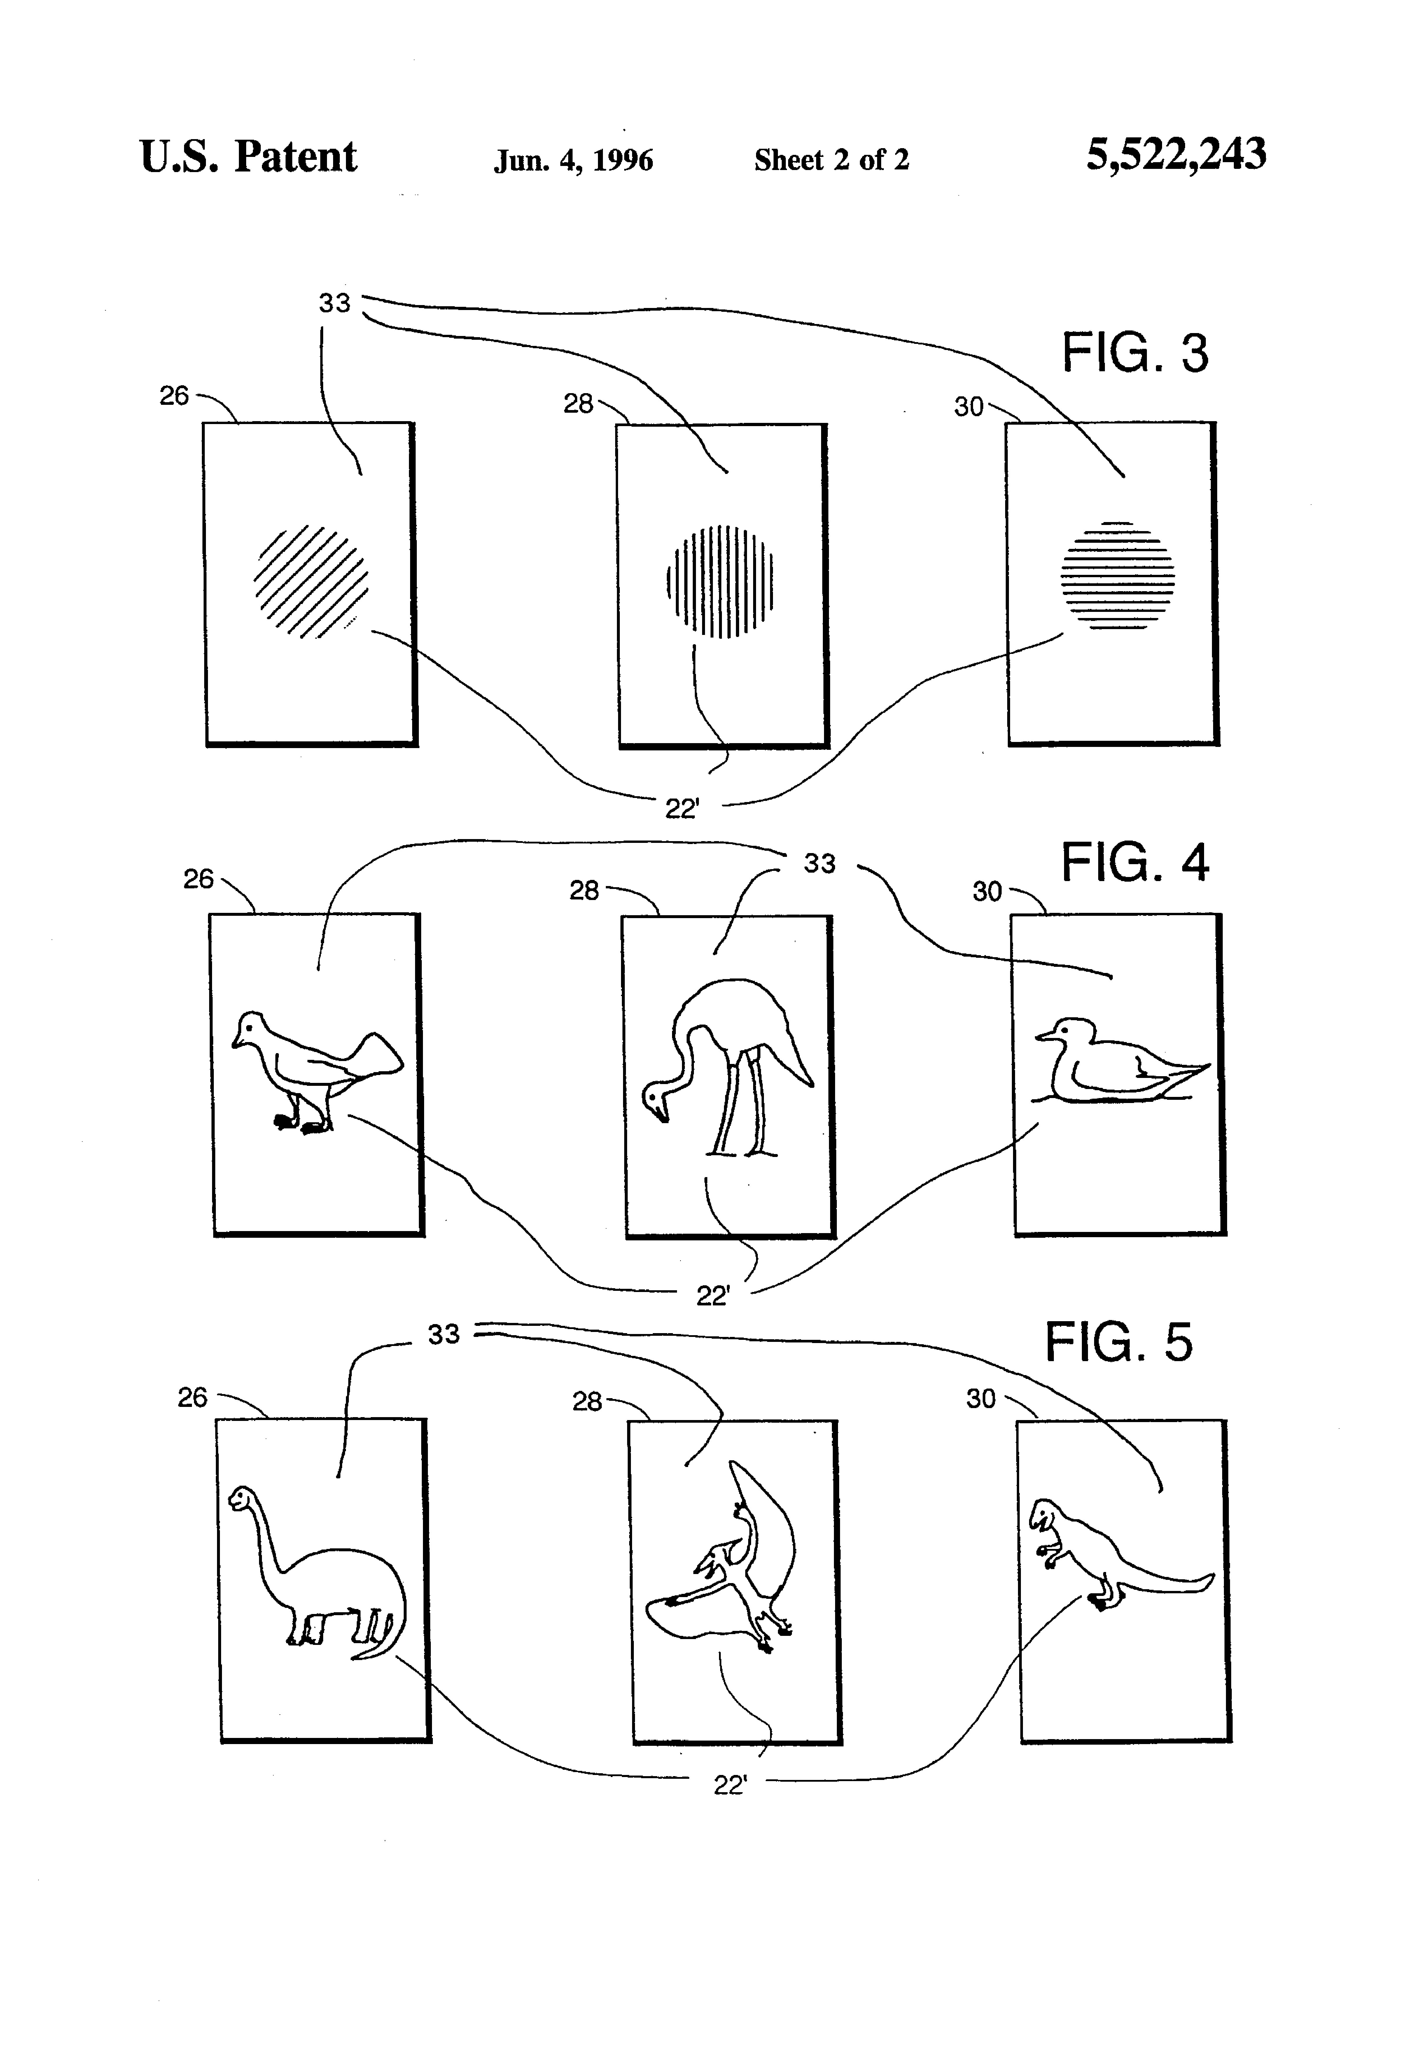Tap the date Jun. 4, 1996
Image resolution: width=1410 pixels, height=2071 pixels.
[x=573, y=160]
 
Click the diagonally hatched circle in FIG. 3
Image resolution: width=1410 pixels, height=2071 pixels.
[x=311, y=581]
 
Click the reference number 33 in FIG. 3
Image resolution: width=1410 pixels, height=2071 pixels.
[x=334, y=303]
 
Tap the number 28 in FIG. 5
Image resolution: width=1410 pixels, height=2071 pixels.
[x=587, y=1402]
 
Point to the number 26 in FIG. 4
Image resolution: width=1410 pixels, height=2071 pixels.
[x=198, y=880]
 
